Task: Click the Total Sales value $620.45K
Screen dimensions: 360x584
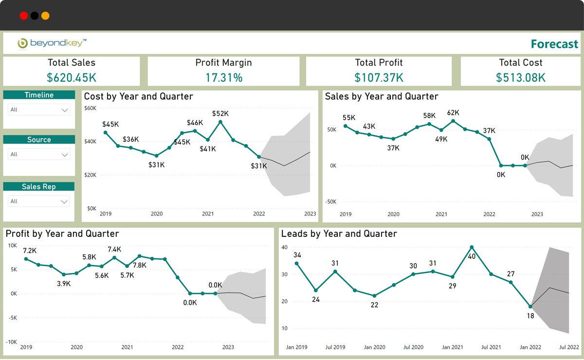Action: tap(71, 77)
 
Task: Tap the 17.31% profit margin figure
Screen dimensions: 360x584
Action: tap(223, 77)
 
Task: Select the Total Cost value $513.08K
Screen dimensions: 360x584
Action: tap(521, 77)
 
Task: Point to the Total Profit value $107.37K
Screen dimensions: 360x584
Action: tap(379, 77)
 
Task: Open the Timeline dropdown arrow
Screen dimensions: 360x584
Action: tap(65, 110)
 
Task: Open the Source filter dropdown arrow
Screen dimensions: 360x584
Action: tap(65, 155)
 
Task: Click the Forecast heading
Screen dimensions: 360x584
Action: tap(554, 44)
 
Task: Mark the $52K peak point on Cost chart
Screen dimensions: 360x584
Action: tap(220, 122)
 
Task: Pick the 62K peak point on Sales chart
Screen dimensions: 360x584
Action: tap(453, 121)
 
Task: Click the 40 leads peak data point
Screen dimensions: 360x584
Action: tap(472, 247)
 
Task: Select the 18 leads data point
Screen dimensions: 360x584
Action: tap(530, 306)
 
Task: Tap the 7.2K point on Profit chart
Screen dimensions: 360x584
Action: tap(26, 259)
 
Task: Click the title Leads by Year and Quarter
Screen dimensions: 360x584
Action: tap(339, 234)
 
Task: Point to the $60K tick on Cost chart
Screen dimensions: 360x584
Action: tap(91, 108)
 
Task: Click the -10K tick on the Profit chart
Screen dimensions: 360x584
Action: tap(12, 342)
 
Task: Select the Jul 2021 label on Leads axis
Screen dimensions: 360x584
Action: tap(491, 347)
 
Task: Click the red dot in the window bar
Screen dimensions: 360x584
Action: tap(23, 16)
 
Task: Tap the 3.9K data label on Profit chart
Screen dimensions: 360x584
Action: tap(64, 284)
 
